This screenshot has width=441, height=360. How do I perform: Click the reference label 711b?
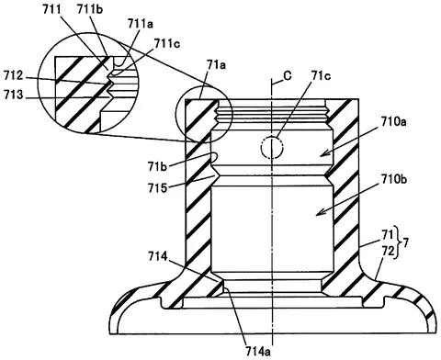coord(90,9)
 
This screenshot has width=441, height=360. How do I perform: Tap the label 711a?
coord(141,24)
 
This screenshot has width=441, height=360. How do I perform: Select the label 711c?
coord(166,43)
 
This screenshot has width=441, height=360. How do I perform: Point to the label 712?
coord(13,75)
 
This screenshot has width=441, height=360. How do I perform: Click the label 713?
coord(13,95)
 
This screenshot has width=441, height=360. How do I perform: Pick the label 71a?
coord(216,65)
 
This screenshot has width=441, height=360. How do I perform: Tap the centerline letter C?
coord(288,75)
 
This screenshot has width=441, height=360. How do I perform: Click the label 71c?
coord(321,75)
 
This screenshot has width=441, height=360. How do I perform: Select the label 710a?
coord(394,122)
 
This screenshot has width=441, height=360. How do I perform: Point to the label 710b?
coord(394,179)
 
